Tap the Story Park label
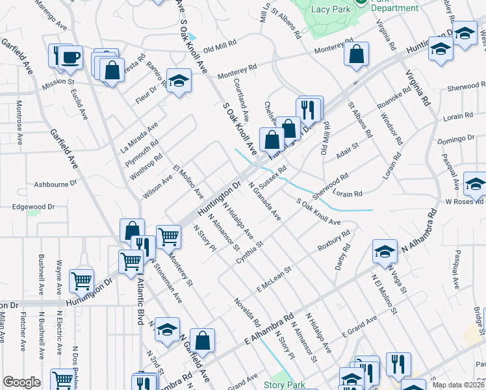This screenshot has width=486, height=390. pos(284,384)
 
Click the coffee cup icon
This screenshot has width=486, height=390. pos(70,57)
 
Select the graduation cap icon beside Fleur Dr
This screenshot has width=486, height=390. pos(177,81)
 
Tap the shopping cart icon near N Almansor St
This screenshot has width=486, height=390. pos(168,237)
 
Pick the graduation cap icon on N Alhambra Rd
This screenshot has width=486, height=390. pos(385,251)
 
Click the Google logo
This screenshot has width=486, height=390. pos(21,382)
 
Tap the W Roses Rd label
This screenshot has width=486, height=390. pos(462,201)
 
